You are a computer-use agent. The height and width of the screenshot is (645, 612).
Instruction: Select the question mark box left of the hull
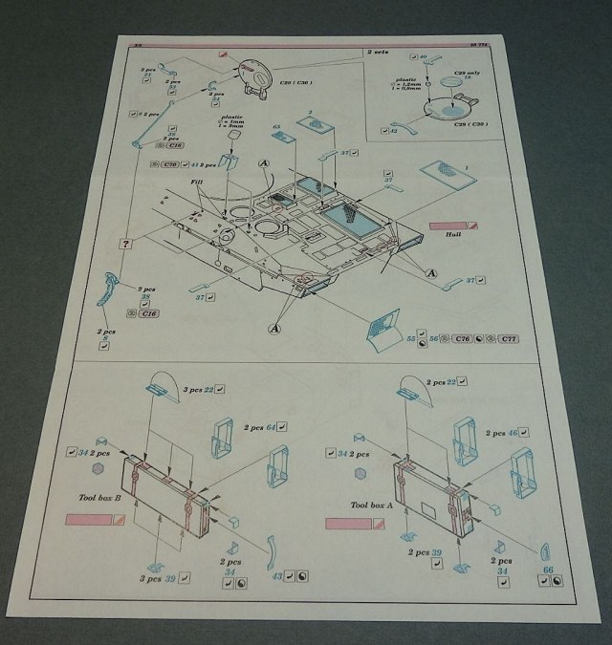point(125,245)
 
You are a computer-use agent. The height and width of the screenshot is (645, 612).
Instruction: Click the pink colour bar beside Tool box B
point(89,519)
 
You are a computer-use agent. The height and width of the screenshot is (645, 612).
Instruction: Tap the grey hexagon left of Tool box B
point(98,473)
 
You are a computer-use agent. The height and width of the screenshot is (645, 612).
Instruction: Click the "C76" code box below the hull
point(463,338)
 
